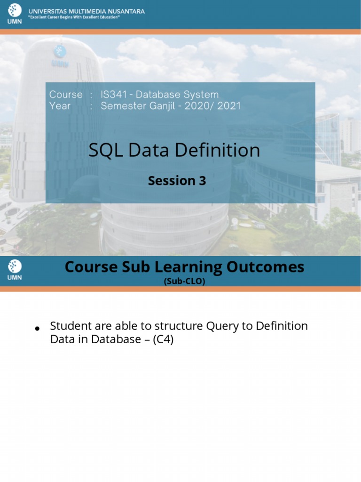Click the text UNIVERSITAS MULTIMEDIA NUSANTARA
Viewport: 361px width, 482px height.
click(87, 10)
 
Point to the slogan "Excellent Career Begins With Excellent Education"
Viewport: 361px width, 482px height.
click(75, 17)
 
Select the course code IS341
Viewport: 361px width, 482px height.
click(113, 95)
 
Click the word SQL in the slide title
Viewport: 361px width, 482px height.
click(103, 150)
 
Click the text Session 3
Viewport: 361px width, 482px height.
click(177, 181)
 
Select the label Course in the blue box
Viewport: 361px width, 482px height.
click(66, 95)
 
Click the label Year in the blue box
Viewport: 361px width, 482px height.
click(60, 106)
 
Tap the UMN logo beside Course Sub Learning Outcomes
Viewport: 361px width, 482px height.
click(15, 271)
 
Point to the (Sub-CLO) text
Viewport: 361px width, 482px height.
click(184, 281)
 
